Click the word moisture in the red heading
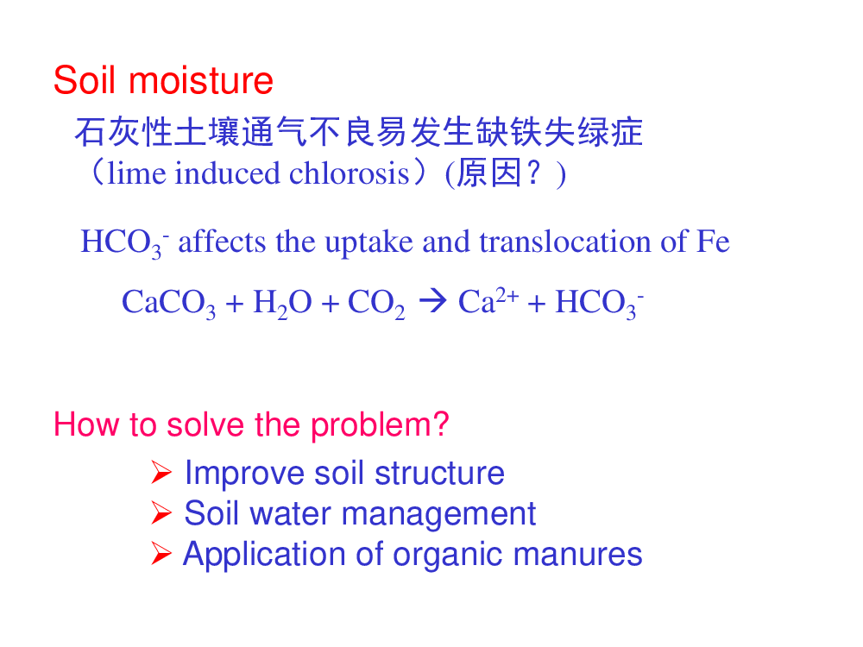pyautogui.click(x=201, y=80)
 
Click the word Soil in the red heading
pyautogui.click(x=85, y=80)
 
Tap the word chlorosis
pyautogui.click(x=350, y=173)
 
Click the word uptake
pyautogui.click(x=369, y=242)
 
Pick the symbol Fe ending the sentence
pyautogui.click(x=713, y=242)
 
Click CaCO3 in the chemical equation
pyautogui.click(x=169, y=303)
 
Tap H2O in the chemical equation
pyautogui.click(x=282, y=303)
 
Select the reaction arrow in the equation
pyautogui.click(x=432, y=301)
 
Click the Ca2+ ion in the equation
pyautogui.click(x=488, y=301)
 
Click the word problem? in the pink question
pyautogui.click(x=380, y=426)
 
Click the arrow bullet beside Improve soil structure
pyautogui.click(x=161, y=473)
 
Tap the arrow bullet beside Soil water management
pyautogui.click(x=161, y=512)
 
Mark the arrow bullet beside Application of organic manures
pyautogui.click(x=161, y=554)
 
